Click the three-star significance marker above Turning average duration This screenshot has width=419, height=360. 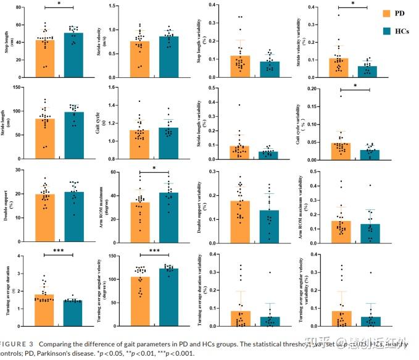pyautogui.click(x=59, y=250)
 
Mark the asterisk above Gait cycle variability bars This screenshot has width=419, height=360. pyautogui.click(x=355, y=86)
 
